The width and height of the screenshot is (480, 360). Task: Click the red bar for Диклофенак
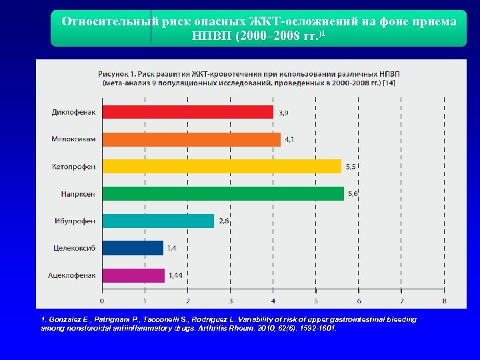tap(187, 112)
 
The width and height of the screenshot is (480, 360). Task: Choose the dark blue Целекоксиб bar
tap(133, 248)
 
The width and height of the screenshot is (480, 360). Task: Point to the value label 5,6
tap(352, 193)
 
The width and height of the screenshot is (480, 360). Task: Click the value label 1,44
tap(175, 275)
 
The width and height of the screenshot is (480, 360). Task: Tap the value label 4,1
tap(291, 139)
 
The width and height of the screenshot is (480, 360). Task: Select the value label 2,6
tap(224, 221)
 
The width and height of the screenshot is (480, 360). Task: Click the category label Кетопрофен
tap(73, 167)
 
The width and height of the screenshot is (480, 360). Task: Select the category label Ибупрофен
tap(75, 221)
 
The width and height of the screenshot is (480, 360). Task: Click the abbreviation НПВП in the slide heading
tap(211, 35)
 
